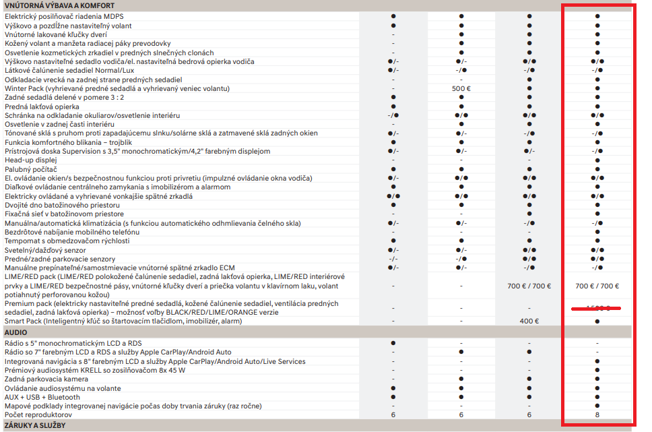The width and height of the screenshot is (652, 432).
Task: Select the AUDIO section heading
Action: coord(15,333)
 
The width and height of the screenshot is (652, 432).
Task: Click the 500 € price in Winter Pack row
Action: coord(461,88)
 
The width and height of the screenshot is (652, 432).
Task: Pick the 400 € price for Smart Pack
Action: coord(529,321)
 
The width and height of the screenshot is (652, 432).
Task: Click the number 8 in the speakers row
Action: coord(597,415)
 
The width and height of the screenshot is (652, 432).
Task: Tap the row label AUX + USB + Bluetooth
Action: coord(42,398)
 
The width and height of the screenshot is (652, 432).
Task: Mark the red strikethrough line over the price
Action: coord(595,309)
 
